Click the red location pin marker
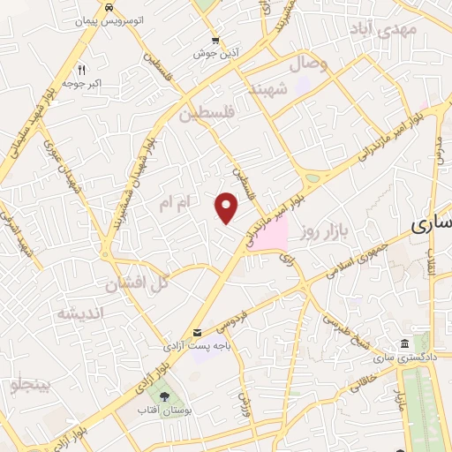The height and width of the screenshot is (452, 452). (228, 207)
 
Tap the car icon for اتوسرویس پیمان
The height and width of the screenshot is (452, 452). (108, 7)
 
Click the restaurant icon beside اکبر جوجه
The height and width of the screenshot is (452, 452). (81, 67)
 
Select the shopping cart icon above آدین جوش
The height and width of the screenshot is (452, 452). (216, 40)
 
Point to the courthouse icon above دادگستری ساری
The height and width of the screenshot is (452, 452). (403, 343)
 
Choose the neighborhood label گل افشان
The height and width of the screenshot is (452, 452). (136, 284)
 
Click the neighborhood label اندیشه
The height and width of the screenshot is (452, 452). (79, 313)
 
